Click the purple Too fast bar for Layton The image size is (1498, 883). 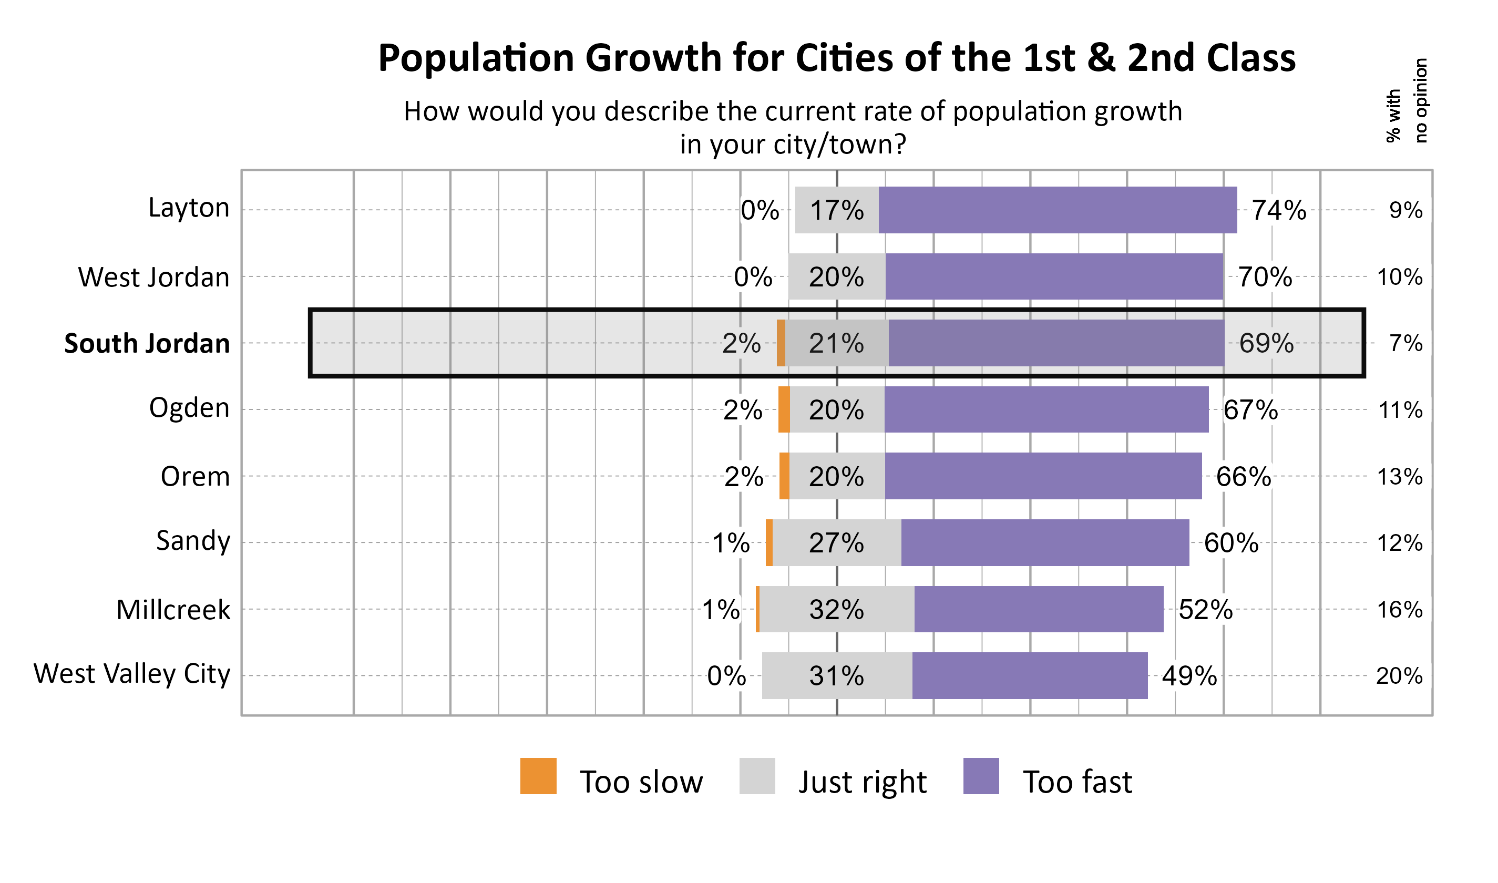(1057, 210)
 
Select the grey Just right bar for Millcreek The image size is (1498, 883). (837, 609)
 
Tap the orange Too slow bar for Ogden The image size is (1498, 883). (784, 409)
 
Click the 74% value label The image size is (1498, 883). (1278, 210)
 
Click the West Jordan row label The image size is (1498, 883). (153, 278)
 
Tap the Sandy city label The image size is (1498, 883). (193, 541)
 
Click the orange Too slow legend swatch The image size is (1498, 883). (538, 776)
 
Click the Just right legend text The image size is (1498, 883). (862, 782)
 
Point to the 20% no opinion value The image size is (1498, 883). (1399, 676)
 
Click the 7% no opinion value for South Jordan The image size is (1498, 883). (1406, 343)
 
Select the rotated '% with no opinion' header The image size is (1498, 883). (1407, 101)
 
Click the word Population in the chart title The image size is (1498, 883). (476, 58)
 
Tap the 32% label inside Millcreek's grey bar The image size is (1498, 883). (836, 610)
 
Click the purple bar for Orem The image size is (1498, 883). (1043, 476)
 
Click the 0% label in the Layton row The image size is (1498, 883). (760, 211)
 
